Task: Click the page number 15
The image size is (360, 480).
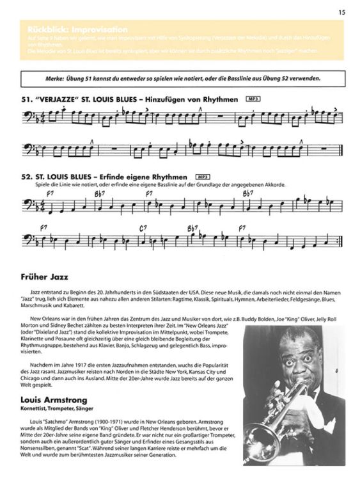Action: point(341,11)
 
